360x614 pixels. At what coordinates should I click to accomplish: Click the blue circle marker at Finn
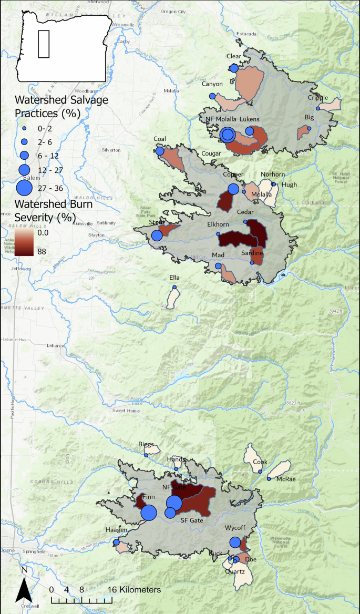pyautogui.click(x=149, y=512)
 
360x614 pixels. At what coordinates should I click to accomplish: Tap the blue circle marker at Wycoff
pyautogui.click(x=235, y=543)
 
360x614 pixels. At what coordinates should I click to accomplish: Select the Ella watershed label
pyautogui.click(x=174, y=278)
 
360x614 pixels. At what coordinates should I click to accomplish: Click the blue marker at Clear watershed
pyautogui.click(x=234, y=68)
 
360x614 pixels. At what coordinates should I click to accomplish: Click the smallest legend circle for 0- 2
pyautogui.click(x=24, y=128)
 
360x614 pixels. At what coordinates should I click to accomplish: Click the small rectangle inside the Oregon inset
pyautogui.click(x=44, y=44)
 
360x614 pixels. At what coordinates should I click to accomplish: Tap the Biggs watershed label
pyautogui.click(x=146, y=444)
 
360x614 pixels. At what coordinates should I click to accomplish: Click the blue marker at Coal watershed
pyautogui.click(x=160, y=151)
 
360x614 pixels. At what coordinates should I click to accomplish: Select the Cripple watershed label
pyautogui.click(x=318, y=98)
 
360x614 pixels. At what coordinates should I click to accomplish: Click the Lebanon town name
pyautogui.click(x=55, y=345)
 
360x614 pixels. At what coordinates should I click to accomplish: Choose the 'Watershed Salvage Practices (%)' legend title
pyautogui.click(x=54, y=106)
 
